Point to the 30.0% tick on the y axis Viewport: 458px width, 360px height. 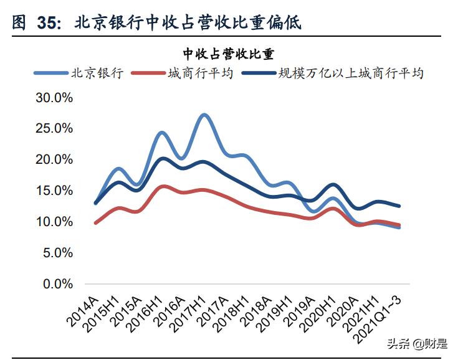tap(55, 98)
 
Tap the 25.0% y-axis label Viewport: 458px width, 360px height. tap(55, 129)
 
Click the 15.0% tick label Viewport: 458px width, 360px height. tap(55, 191)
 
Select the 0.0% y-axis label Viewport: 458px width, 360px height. tap(59, 284)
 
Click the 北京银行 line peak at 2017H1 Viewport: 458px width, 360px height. tap(204, 115)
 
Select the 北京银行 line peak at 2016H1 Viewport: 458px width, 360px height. tap(161, 133)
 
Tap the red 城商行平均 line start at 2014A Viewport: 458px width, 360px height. tap(96, 222)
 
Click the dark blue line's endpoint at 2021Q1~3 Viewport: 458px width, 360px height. tap(399, 206)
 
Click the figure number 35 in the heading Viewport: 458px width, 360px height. tap(49, 23)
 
